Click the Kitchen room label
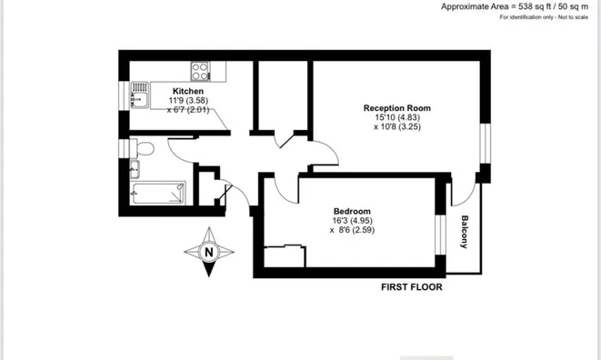188,91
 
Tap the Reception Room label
397,108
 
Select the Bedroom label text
352,211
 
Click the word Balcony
465,232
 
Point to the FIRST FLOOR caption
412,287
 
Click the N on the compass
209,252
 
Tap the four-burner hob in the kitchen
200,71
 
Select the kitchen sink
140,95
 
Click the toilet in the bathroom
142,148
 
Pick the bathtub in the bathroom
158,193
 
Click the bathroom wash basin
135,169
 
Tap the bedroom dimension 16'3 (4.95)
352,221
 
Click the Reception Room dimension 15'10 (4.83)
397,117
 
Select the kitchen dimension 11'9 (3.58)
188,100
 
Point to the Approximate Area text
515,6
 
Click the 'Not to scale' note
573,17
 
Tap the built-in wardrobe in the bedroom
285,256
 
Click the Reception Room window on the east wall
486,144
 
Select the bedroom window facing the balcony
441,235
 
